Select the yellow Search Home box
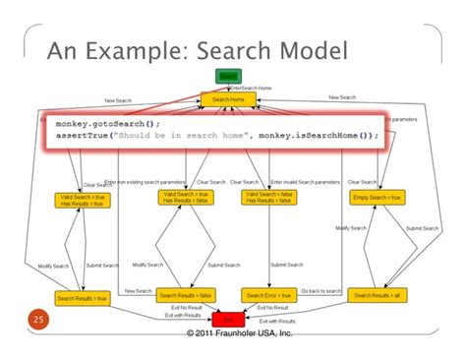(228, 99)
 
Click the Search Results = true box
(83, 296)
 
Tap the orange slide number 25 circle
(39, 320)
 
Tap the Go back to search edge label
(322, 291)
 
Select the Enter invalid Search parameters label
(304, 182)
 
